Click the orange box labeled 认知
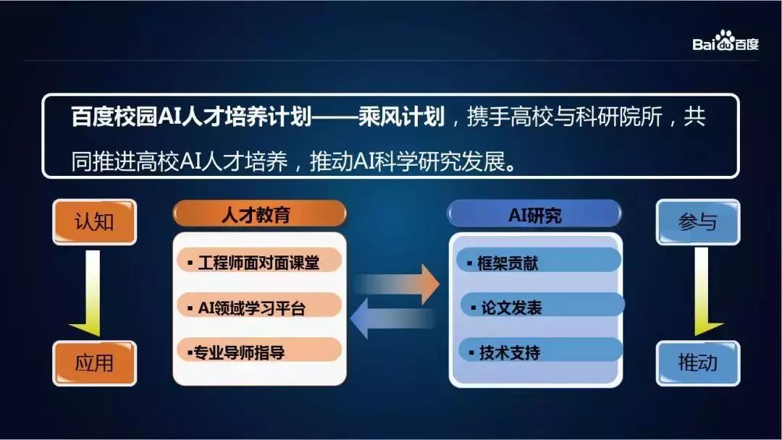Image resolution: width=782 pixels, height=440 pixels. point(94,221)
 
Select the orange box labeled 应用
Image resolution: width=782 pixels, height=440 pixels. point(94,363)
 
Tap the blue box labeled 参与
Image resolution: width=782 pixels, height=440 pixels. point(698,221)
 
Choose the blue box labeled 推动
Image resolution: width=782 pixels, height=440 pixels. point(698,363)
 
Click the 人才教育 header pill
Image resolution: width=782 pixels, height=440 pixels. point(259,214)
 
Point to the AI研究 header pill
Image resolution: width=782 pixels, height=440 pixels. point(534,214)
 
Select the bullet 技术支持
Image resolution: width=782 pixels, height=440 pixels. point(540,351)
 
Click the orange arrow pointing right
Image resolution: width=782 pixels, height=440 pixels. point(397,284)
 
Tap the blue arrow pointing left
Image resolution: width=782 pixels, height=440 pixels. point(393,318)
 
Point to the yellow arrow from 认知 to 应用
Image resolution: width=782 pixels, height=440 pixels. point(89,294)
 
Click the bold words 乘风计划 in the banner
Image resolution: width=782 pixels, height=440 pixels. point(401,117)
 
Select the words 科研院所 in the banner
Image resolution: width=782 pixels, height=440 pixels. point(619,117)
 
